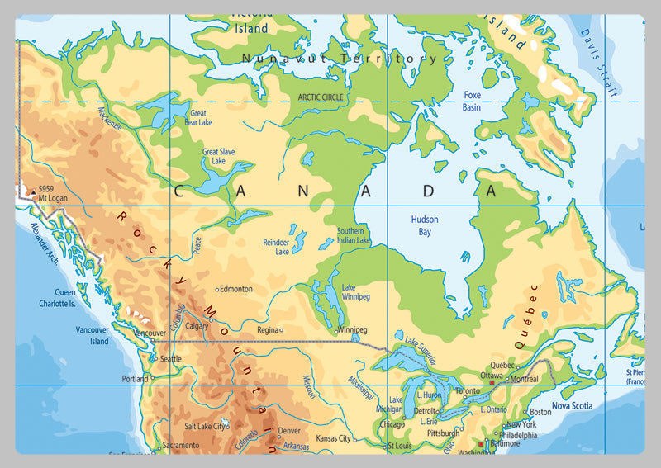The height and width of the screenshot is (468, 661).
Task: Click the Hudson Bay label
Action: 425,225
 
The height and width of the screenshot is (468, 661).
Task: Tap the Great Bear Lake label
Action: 198,118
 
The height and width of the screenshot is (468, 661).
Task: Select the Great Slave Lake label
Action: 214,156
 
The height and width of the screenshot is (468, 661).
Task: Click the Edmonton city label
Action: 236,289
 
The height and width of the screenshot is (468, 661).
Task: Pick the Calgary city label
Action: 197,326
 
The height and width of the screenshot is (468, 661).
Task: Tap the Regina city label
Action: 268,329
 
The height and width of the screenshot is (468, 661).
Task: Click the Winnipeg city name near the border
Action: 352,329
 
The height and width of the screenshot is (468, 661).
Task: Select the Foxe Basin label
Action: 472,101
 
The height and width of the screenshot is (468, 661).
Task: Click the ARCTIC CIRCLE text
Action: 321,97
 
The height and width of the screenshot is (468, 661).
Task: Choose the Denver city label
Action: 289,430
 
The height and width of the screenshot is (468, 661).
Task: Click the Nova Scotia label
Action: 573,405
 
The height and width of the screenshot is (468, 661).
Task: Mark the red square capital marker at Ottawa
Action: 492,383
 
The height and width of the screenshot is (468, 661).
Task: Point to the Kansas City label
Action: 334,438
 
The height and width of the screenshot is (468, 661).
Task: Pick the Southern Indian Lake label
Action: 354,235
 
